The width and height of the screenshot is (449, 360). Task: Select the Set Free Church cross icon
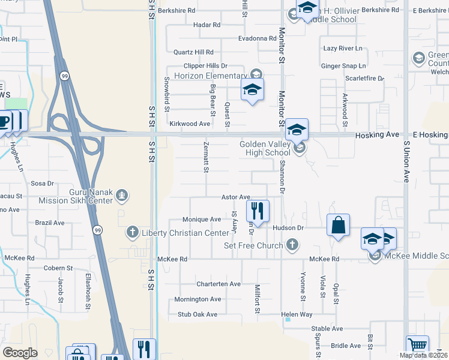tap(292, 245)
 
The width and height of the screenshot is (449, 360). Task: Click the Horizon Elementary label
tap(209, 76)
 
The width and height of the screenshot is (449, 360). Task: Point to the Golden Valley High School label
tap(265, 148)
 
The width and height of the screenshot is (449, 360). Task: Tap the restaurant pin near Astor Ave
tap(258, 211)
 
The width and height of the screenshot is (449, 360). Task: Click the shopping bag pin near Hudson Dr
tap(339, 226)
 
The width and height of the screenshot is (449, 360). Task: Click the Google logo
tap(20, 353)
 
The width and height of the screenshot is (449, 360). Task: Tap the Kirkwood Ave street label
tap(190, 124)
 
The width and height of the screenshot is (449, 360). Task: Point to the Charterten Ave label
tap(218, 284)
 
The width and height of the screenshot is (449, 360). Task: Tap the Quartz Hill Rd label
tap(193, 52)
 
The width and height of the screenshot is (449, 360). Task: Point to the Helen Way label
tap(298, 314)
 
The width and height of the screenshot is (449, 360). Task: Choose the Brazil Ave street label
tap(50, 223)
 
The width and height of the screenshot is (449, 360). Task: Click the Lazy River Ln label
tap(343, 48)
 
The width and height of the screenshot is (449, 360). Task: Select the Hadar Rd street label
tap(207, 25)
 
